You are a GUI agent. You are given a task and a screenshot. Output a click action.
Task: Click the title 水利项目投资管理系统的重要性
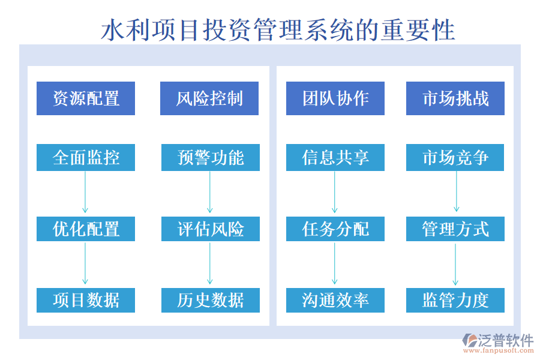coord(277,30)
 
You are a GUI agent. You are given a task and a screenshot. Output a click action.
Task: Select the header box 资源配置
coord(86,98)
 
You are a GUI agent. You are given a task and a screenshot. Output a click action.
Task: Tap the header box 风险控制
coord(209,98)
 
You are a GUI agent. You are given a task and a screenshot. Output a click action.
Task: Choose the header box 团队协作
coord(335,98)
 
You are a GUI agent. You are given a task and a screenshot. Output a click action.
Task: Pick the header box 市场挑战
coord(455,98)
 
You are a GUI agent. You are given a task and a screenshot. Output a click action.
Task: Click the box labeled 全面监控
coord(86,157)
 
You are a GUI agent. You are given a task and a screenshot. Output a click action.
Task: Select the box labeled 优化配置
coord(86,229)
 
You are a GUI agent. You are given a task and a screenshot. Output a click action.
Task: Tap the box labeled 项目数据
coord(86,300)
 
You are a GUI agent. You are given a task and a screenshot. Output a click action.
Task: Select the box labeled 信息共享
coord(335,157)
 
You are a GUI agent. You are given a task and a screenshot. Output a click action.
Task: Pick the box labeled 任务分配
coord(335,229)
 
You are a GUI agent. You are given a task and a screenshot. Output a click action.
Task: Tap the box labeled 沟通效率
coord(335,300)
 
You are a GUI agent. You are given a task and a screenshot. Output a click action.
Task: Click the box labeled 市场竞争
coord(455,157)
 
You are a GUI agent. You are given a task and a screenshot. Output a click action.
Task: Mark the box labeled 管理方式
coord(455,229)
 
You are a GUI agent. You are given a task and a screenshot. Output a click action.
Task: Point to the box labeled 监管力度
coord(455,300)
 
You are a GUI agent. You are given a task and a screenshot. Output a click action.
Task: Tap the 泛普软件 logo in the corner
coord(498,343)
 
